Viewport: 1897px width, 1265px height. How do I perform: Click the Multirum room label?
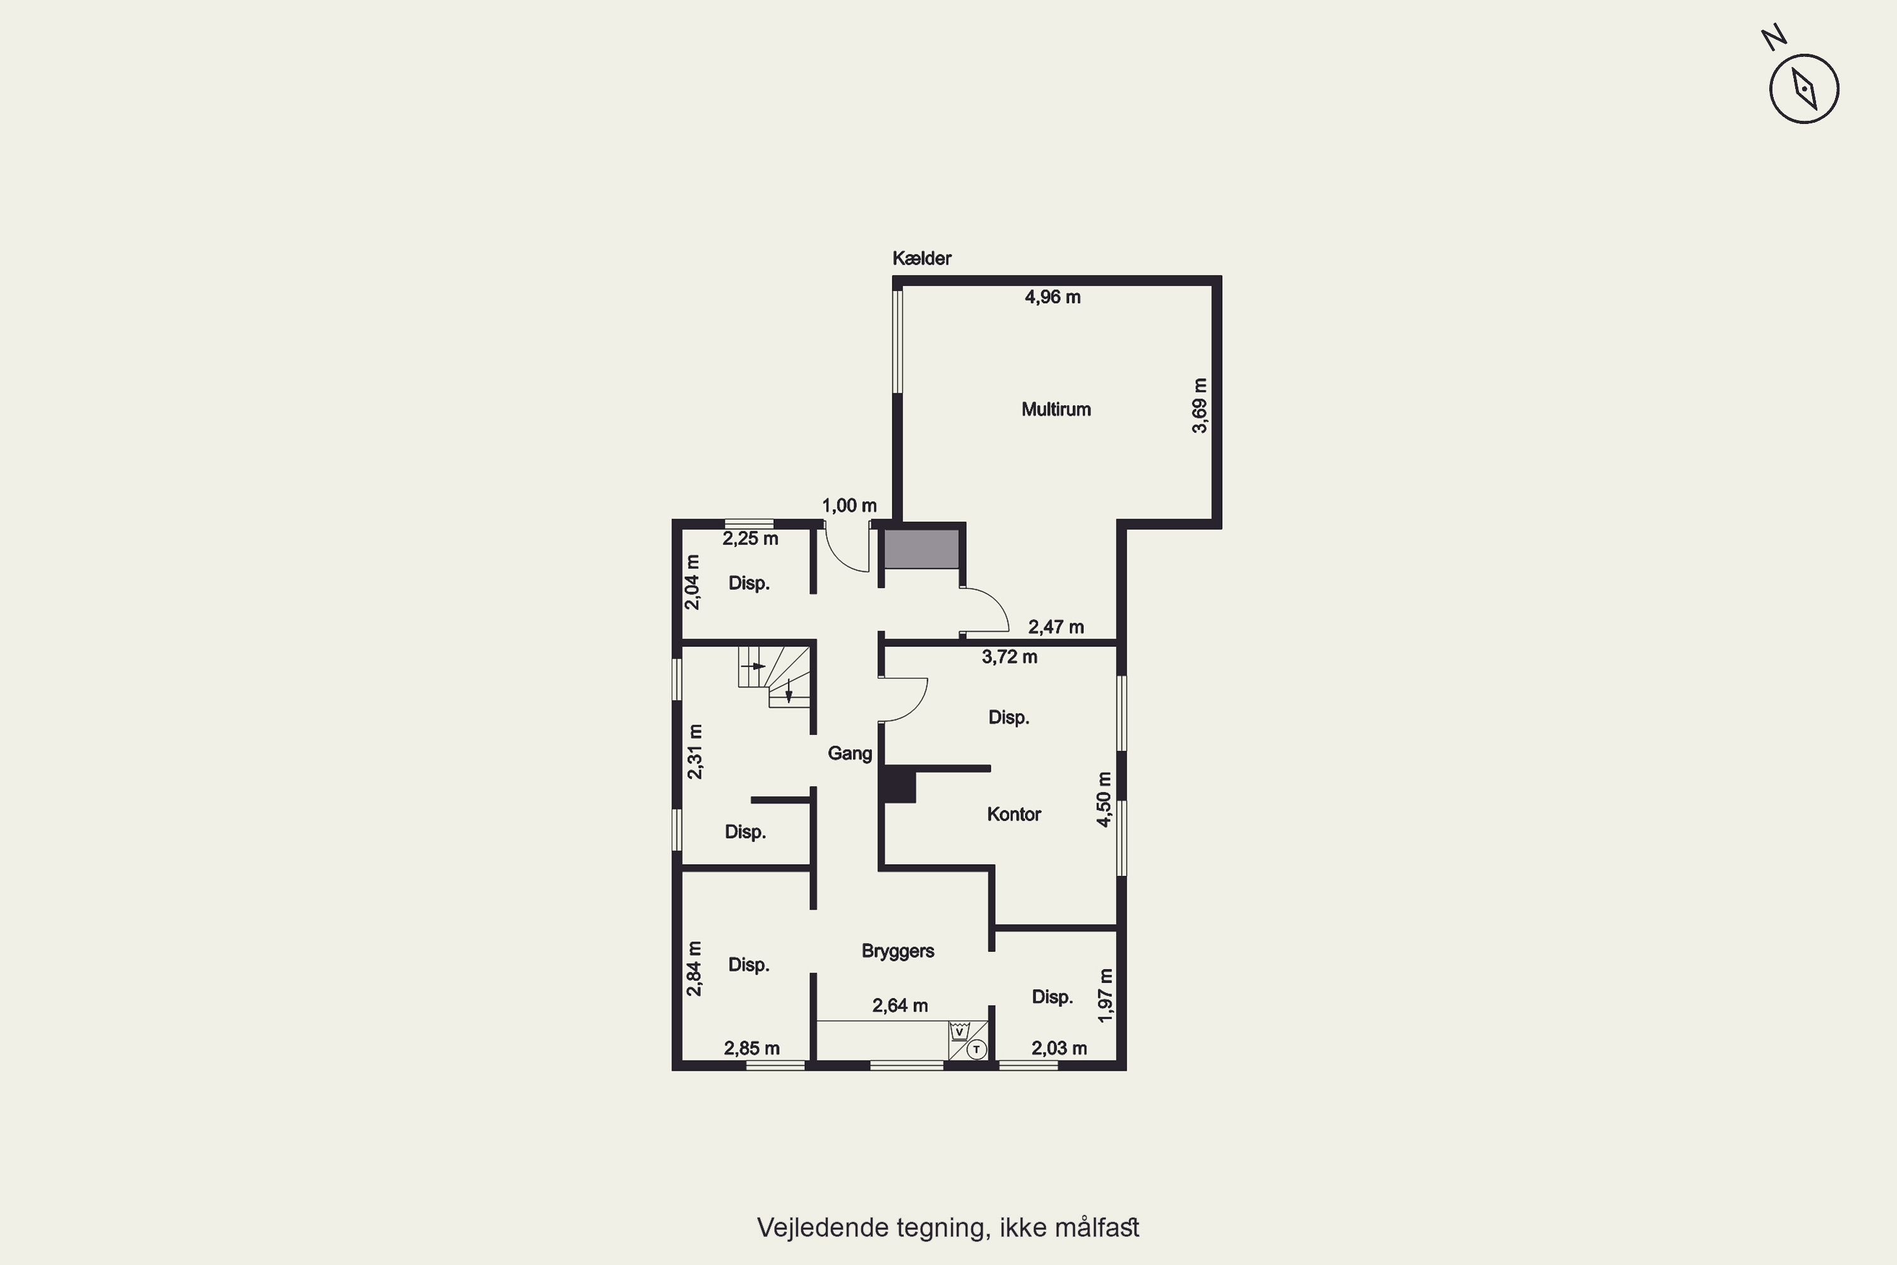click(x=1056, y=410)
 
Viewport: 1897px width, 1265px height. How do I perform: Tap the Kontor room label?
click(x=1014, y=814)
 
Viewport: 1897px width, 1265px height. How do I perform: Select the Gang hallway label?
click(x=849, y=753)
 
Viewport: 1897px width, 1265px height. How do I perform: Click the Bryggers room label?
click(x=898, y=951)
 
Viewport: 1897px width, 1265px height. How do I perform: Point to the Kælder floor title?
click(x=921, y=258)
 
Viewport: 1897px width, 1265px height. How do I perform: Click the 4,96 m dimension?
click(x=1053, y=297)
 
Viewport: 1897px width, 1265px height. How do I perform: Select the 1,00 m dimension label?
click(x=849, y=506)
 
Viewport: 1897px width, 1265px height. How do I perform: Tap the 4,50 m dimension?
click(x=1104, y=799)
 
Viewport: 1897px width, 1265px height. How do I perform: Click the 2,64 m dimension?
click(x=900, y=1005)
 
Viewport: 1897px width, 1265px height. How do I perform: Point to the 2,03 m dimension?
click(x=1059, y=1048)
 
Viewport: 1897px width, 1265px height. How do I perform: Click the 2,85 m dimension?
click(x=752, y=1048)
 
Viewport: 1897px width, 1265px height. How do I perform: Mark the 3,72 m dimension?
click(x=1009, y=657)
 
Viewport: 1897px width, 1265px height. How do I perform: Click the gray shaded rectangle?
click(x=922, y=548)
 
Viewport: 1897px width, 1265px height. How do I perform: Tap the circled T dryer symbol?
click(x=977, y=1049)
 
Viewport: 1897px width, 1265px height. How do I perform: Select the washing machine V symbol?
click(x=959, y=1031)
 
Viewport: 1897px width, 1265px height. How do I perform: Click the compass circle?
click(x=1804, y=89)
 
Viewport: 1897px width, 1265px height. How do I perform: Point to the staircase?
click(x=774, y=676)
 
